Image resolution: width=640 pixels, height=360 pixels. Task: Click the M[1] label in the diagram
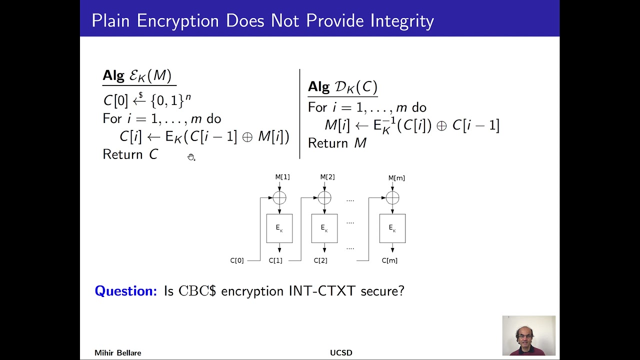(282, 177)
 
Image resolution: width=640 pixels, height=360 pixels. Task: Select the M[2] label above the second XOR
(327, 177)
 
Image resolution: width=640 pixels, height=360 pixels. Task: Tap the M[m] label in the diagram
(396, 178)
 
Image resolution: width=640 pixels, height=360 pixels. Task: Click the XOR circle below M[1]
(279, 198)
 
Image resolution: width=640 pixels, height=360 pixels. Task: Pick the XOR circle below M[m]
(392, 198)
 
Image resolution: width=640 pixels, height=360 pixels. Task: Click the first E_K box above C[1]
(279, 228)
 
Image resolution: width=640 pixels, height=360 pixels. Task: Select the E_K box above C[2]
(324, 228)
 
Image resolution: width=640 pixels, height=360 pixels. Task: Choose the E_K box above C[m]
(392, 228)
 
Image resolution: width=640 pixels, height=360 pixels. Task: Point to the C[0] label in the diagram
(237, 260)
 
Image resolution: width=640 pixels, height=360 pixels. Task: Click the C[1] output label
(275, 260)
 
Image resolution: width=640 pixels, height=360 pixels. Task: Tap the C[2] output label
(320, 260)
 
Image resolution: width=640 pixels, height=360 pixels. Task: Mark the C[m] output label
(389, 260)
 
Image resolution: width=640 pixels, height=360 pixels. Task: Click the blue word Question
(126, 291)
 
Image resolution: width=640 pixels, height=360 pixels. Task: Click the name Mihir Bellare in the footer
(118, 353)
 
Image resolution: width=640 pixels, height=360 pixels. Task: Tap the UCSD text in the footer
(341, 353)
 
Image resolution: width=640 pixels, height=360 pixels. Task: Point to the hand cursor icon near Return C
(191, 157)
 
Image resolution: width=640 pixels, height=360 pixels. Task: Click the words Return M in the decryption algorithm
(337, 143)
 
